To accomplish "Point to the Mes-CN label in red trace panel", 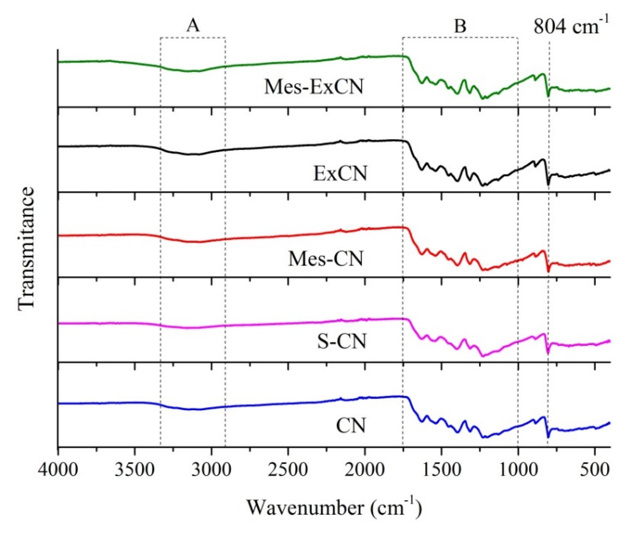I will [325, 259].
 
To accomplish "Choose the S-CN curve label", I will [342, 341].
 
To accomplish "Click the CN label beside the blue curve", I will [351, 426].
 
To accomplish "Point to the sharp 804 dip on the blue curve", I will [548, 437].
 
